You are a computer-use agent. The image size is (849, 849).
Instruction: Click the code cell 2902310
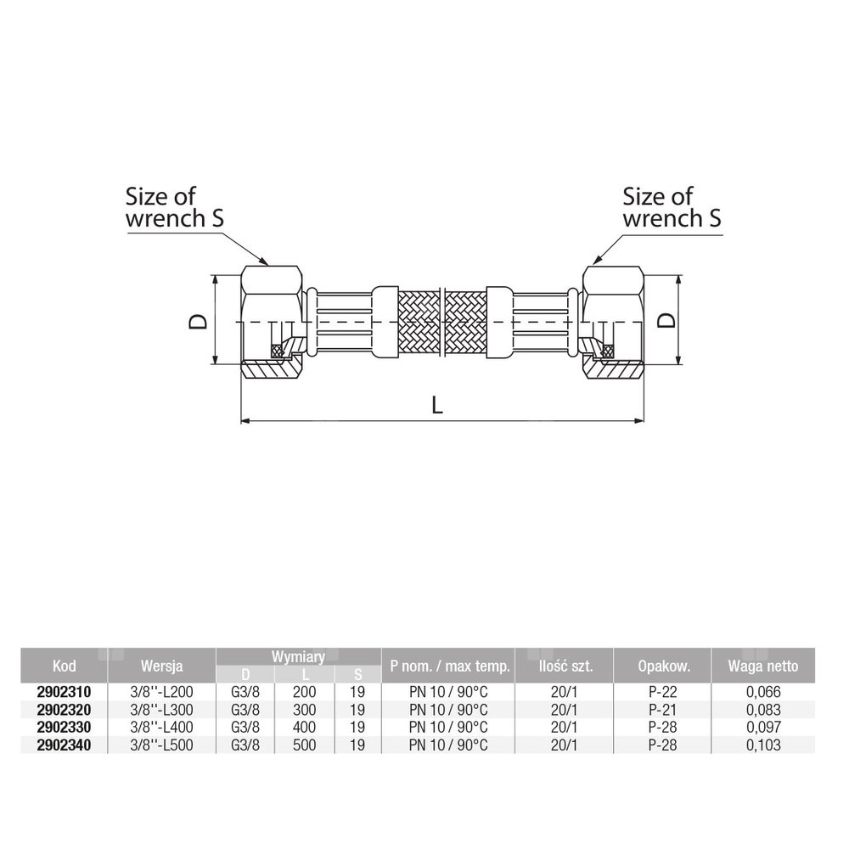[x=64, y=691]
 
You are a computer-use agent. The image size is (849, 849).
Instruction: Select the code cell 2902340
[x=64, y=745]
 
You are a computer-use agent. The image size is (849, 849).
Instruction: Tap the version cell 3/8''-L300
[x=161, y=709]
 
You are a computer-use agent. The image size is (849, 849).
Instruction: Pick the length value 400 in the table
[x=304, y=728]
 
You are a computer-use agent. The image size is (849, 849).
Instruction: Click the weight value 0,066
[x=763, y=691]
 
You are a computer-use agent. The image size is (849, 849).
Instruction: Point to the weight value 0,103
[x=763, y=745]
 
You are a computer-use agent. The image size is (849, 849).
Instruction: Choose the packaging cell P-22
[x=663, y=691]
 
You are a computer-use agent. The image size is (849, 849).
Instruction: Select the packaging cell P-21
[x=663, y=709]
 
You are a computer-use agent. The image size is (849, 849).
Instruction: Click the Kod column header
[x=64, y=666]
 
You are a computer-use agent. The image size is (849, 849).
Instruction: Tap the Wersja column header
[x=161, y=666]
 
